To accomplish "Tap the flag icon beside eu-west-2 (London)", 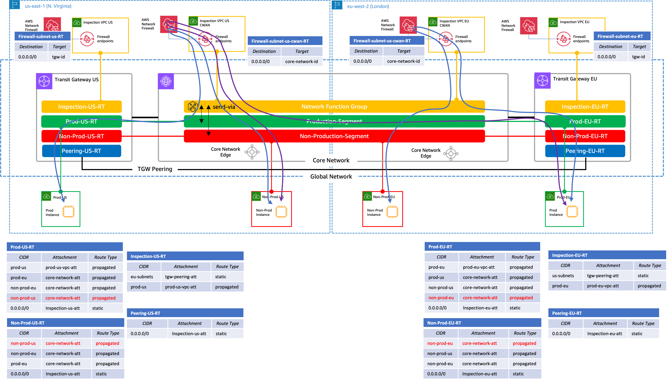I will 337,5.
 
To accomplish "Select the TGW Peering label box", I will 155,169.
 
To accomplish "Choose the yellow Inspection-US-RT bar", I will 81,107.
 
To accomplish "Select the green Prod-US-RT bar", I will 81,121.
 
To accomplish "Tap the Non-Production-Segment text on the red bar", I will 334,136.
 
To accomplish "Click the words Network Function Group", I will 334,107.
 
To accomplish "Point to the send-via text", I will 224,107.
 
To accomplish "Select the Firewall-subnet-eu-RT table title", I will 620,36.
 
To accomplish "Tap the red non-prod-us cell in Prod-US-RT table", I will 23,298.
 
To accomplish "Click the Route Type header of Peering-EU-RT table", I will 643,323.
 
